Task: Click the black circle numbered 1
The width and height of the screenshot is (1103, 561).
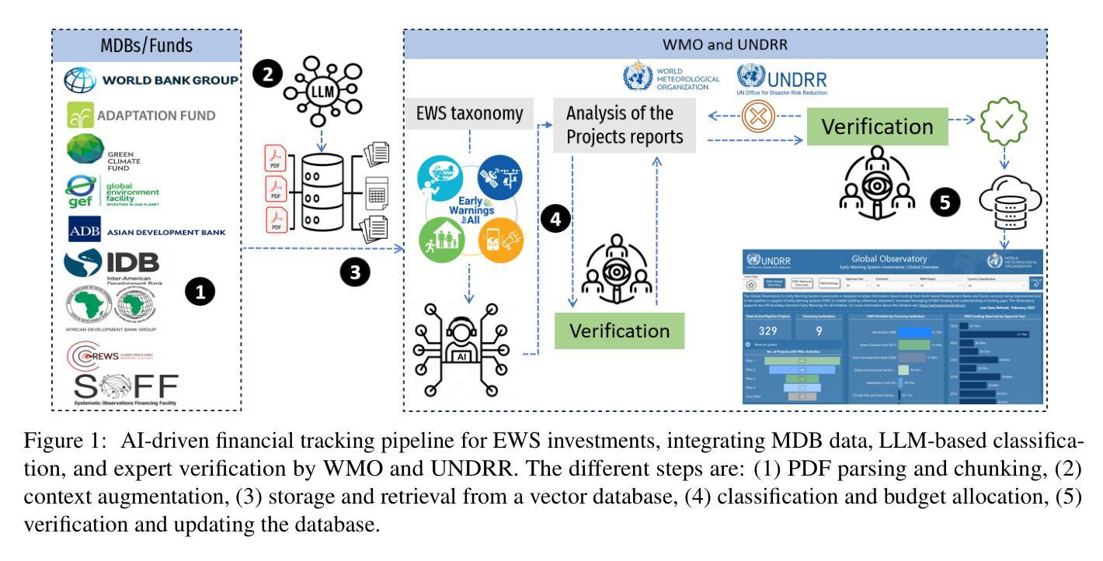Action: pyautogui.click(x=201, y=292)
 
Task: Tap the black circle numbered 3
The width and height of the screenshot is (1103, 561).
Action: pyautogui.click(x=354, y=272)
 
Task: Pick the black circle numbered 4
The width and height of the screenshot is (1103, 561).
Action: pyautogui.click(x=555, y=218)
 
